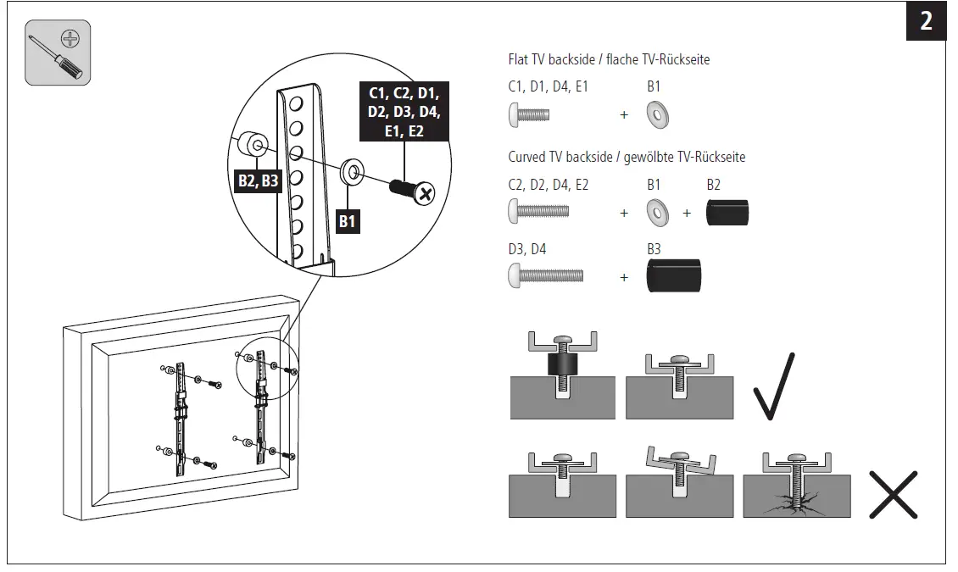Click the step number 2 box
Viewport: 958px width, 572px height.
coord(926,21)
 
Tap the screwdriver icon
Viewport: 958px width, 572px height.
coord(58,53)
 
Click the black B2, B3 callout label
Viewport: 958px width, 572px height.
coord(258,180)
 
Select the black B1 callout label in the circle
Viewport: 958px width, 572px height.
coord(348,222)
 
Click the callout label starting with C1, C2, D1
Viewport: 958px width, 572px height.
coord(404,111)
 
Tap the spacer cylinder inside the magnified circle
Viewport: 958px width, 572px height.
coord(251,147)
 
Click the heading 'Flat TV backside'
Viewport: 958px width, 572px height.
coord(608,59)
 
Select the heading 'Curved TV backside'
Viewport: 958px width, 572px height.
coord(627,158)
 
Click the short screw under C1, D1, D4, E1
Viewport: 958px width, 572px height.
coord(531,114)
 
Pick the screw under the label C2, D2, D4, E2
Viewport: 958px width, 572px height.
coord(538,212)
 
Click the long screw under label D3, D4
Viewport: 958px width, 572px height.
coord(546,276)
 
